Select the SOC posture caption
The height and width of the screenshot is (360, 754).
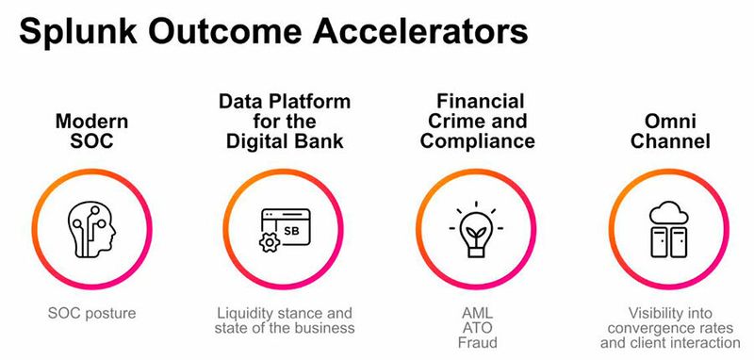[x=91, y=311]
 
